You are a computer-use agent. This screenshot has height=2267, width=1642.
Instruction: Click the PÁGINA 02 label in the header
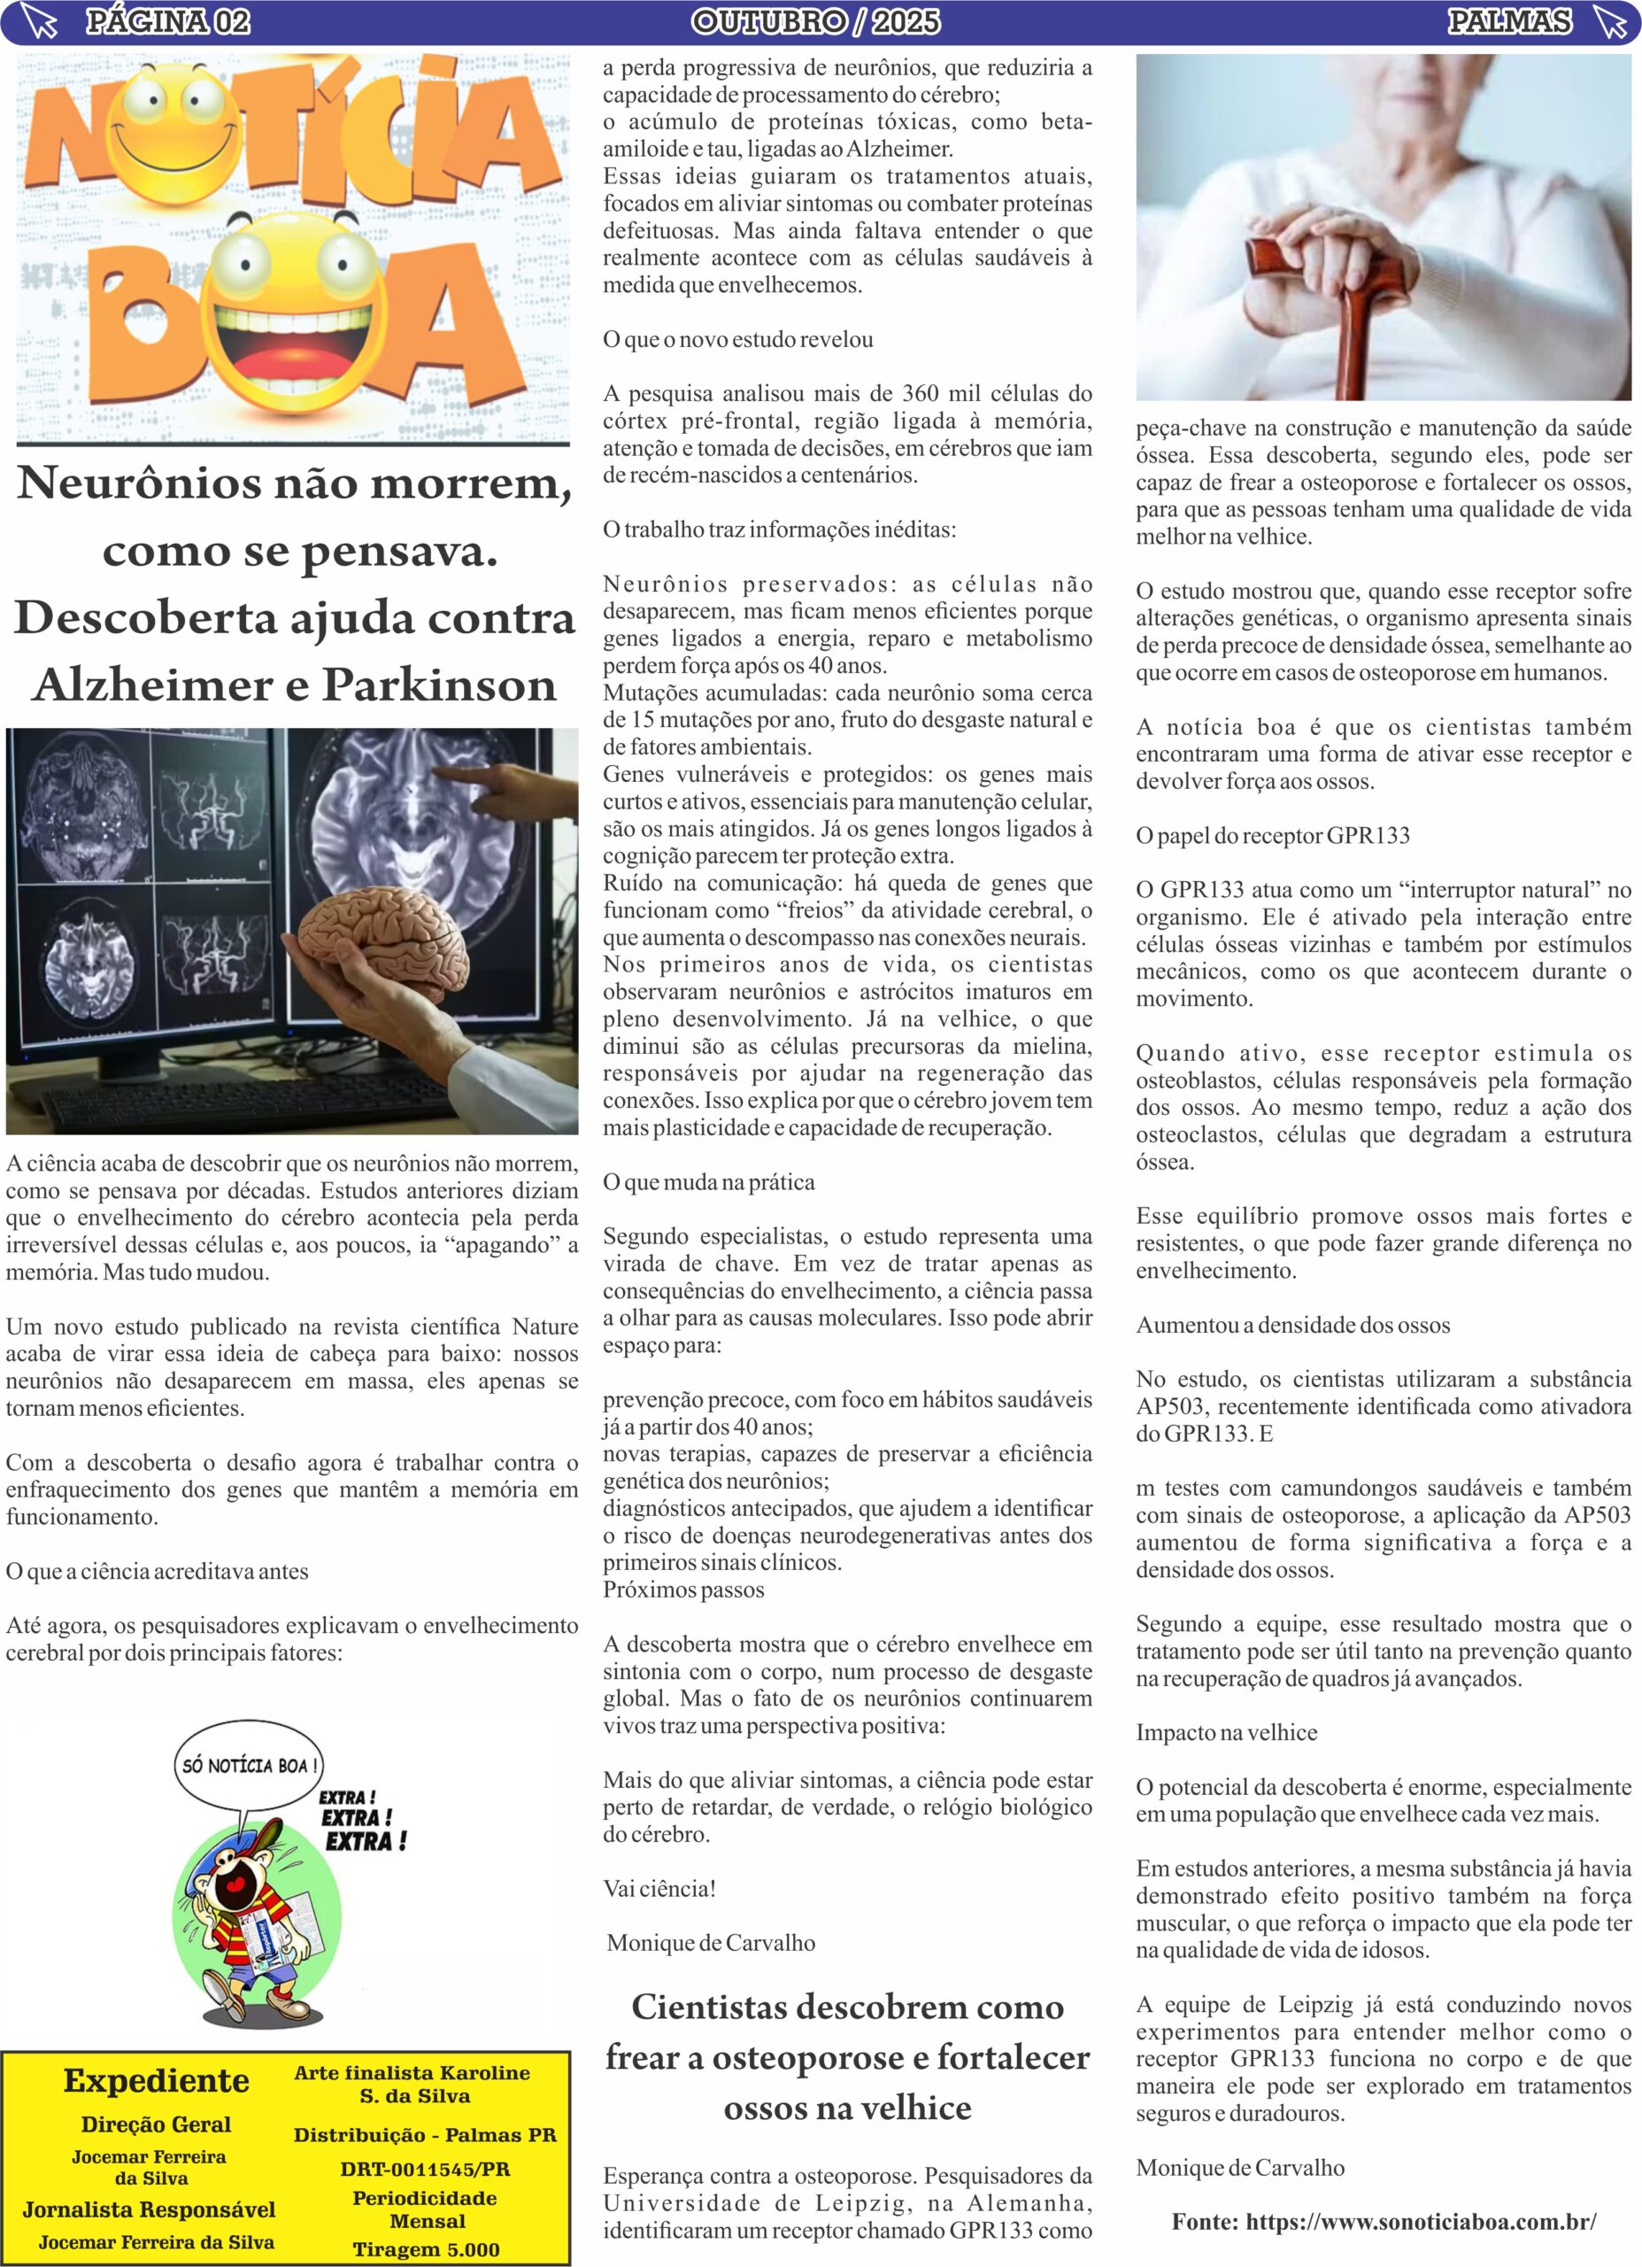[167, 21]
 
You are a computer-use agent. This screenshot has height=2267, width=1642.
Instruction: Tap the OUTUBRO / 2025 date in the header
[815, 21]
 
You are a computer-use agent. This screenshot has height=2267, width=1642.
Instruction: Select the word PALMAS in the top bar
[1509, 21]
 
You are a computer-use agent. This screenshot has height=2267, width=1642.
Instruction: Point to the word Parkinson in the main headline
[439, 685]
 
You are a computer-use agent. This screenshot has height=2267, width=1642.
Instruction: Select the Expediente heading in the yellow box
[156, 2081]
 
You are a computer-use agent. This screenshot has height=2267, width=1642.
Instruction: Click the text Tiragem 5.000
[426, 2249]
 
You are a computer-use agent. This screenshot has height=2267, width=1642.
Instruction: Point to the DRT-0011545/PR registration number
[425, 2169]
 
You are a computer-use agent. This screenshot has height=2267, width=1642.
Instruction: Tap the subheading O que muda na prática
[708, 1182]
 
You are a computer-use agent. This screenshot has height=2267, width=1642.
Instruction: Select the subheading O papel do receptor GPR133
[1272, 836]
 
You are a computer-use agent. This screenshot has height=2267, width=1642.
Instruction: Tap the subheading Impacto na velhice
[1226, 1733]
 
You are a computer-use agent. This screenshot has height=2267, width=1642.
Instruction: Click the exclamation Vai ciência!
[659, 1889]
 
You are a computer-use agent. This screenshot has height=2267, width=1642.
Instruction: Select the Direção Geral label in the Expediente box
[156, 2124]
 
